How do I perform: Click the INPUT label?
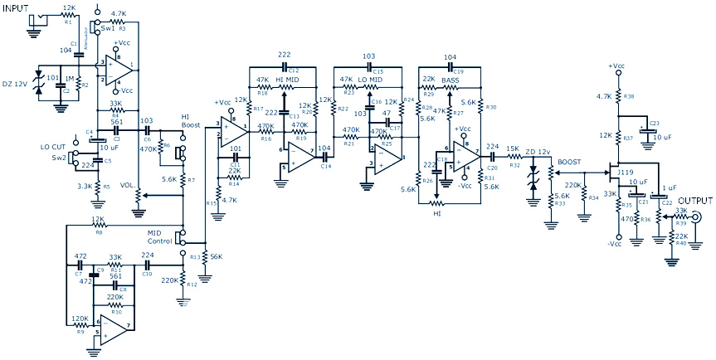click(19, 7)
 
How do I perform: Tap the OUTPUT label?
click(695, 201)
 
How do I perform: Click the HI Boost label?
click(191, 122)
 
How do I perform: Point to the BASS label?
click(451, 80)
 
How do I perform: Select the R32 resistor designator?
click(515, 165)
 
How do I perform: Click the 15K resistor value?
click(514, 149)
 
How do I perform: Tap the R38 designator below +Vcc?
click(630, 97)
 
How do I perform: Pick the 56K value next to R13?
click(216, 256)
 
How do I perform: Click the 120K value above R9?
click(80, 318)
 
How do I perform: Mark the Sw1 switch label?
click(108, 27)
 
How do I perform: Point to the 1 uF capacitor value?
click(670, 188)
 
